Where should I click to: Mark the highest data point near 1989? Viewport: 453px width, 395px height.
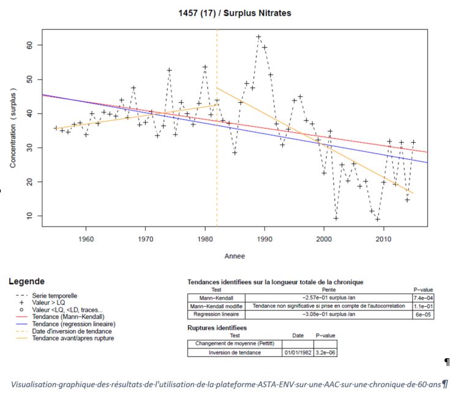[x=258, y=37]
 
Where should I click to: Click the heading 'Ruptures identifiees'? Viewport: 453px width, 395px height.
[x=215, y=328]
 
